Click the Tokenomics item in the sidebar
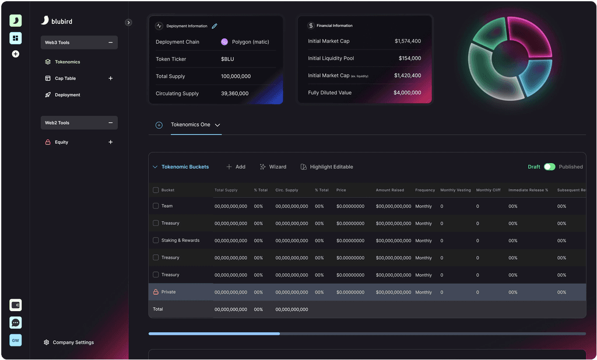pos(67,62)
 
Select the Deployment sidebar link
pos(67,95)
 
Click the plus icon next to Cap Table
pos(111,78)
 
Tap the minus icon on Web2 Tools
pos(111,123)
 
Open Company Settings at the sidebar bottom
pos(73,343)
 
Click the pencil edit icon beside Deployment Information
pos(215,26)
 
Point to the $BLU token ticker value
pos(227,59)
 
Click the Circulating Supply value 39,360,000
pos(235,94)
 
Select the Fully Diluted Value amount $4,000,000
pos(407,93)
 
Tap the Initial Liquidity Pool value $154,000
pos(410,58)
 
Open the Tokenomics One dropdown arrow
pos(217,125)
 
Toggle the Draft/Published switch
pos(549,167)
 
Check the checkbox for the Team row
pos(156,206)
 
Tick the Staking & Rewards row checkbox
pos(156,241)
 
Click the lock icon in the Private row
pos(156,292)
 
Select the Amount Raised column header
pos(390,190)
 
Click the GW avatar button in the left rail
pos(16,340)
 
